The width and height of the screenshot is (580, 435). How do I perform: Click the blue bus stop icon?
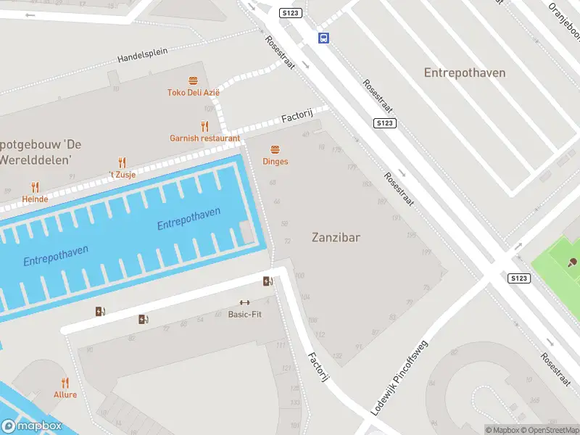[323, 38]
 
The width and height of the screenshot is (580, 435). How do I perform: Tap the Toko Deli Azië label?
[193, 93]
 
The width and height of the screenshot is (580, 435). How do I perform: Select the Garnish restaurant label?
[204, 138]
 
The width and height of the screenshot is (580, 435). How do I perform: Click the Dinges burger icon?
[275, 149]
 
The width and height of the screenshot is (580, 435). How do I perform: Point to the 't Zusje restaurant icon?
[122, 163]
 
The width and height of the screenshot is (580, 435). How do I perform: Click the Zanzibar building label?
[336, 237]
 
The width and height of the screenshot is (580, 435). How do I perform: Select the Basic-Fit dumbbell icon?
[244, 303]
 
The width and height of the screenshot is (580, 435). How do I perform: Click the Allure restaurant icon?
[65, 383]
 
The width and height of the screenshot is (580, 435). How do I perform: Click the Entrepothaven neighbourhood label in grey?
[464, 72]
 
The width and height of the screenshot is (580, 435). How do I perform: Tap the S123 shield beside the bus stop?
[291, 12]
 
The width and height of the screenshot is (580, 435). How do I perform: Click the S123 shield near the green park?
[518, 278]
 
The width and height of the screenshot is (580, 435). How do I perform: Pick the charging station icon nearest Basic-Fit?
[268, 281]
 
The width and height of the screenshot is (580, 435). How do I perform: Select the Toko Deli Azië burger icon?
[193, 80]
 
